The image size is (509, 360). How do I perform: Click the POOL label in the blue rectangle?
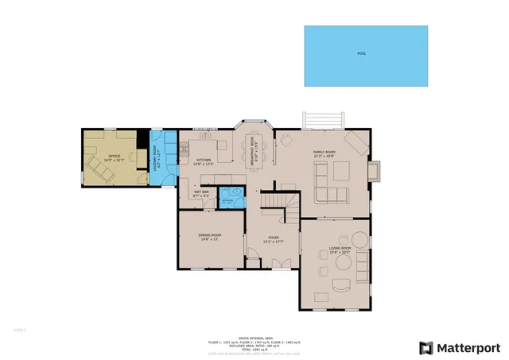click(x=362, y=54)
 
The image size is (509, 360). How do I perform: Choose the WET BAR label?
click(x=200, y=192)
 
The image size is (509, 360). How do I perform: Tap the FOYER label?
click(x=274, y=237)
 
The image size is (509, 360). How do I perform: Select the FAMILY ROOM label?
click(x=324, y=153)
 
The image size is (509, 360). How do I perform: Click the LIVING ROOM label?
click(x=340, y=250)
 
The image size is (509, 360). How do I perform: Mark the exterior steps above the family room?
click(x=324, y=119)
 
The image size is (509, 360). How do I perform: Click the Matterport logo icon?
click(x=427, y=347)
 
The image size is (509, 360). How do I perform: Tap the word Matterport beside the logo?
click(x=471, y=347)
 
